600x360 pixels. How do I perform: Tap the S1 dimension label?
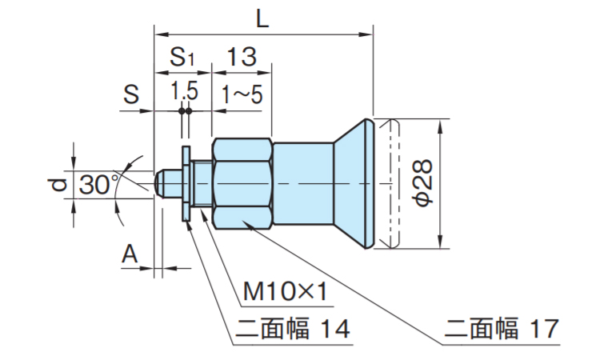pyautogui.click(x=182, y=58)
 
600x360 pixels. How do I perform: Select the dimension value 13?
pyautogui.click(x=241, y=57)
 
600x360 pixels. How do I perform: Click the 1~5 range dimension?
pyautogui.click(x=242, y=94)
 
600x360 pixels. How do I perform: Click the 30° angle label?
pyautogui.click(x=98, y=186)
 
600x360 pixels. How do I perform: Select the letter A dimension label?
pyautogui.click(x=130, y=254)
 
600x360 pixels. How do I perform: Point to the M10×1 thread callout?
pyautogui.click(x=285, y=291)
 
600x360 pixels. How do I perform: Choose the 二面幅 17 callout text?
pyautogui.click(x=499, y=329)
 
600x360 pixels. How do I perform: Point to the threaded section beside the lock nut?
pyautogui.click(x=202, y=185)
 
